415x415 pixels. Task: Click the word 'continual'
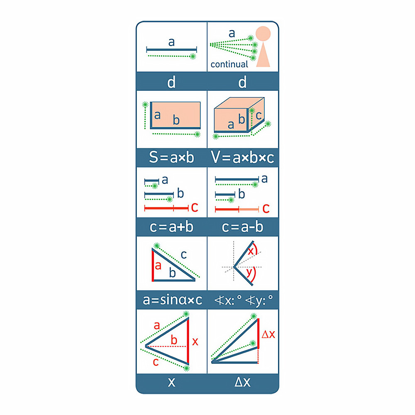[x=229, y=64]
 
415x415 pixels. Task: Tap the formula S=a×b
[x=171, y=157]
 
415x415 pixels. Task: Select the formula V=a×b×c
[x=242, y=157]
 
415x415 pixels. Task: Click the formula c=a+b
[x=171, y=227]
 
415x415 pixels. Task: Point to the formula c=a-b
[x=242, y=227]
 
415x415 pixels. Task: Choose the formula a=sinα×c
[x=172, y=300]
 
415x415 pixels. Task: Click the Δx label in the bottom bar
[x=242, y=382]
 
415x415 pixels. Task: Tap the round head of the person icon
[x=263, y=34]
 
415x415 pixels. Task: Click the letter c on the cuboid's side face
[x=259, y=115]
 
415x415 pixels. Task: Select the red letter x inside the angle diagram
[x=251, y=251]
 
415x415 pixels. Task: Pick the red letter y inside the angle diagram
[x=249, y=272]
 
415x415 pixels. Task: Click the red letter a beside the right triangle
[x=158, y=266]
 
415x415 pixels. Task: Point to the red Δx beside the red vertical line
[x=268, y=334]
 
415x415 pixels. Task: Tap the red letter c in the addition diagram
[x=195, y=207]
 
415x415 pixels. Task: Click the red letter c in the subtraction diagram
[x=266, y=209]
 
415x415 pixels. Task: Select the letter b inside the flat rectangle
[x=176, y=120]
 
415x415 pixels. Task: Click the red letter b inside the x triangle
[x=174, y=340]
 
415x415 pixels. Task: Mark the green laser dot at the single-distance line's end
[x=193, y=56]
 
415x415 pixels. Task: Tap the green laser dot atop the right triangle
[x=157, y=246]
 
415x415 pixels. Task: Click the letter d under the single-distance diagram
[x=171, y=82]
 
